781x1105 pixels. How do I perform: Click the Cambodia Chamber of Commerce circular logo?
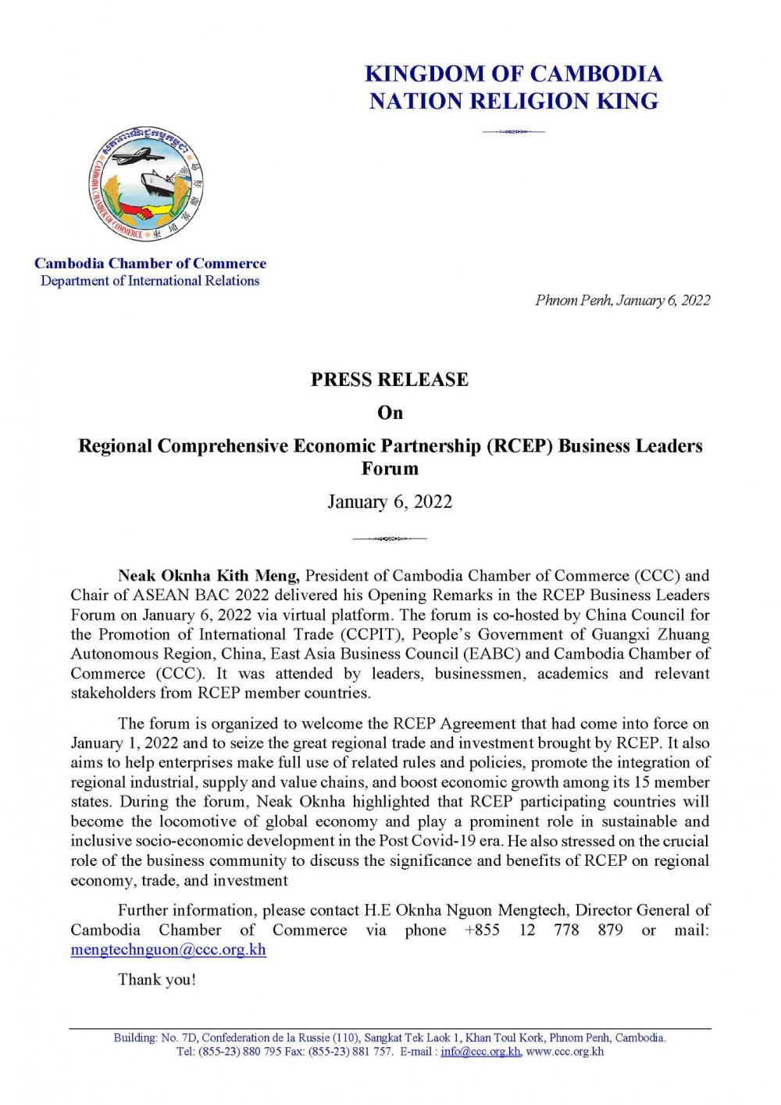145,184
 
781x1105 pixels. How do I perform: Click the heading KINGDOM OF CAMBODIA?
513,74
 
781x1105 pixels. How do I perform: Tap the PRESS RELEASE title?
390,380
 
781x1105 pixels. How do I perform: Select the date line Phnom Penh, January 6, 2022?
622,300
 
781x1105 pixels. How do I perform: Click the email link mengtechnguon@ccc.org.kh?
168,950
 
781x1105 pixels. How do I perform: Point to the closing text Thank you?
157,980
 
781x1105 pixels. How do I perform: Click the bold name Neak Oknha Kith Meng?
209,577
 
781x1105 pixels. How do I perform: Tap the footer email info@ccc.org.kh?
480,1052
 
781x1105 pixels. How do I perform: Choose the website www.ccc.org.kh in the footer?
565,1052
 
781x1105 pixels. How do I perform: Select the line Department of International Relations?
150,281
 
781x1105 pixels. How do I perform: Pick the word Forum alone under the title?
390,469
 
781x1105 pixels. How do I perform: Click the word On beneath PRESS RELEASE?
390,413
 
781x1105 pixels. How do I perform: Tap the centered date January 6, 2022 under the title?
390,502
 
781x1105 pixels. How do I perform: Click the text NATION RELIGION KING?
513,102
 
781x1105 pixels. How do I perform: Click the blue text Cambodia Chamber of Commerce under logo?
150,263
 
